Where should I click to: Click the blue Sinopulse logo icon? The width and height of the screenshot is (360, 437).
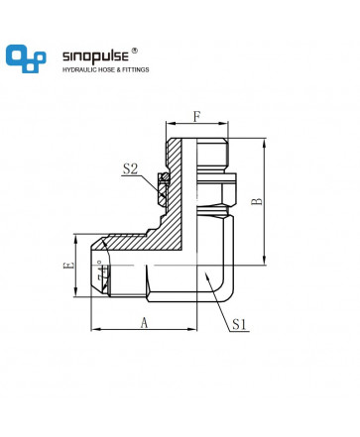click(26, 58)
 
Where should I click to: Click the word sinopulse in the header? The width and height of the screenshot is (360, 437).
click(95, 56)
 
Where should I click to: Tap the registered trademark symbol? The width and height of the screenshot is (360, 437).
click(135, 51)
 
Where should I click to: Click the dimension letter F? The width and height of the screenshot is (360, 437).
click(197, 116)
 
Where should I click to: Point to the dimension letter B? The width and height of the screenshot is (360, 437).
click(257, 201)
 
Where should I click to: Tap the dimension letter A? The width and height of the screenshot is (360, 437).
click(144, 323)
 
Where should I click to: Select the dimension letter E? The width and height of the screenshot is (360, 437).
click(68, 265)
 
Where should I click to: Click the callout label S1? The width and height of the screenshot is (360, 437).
click(239, 324)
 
